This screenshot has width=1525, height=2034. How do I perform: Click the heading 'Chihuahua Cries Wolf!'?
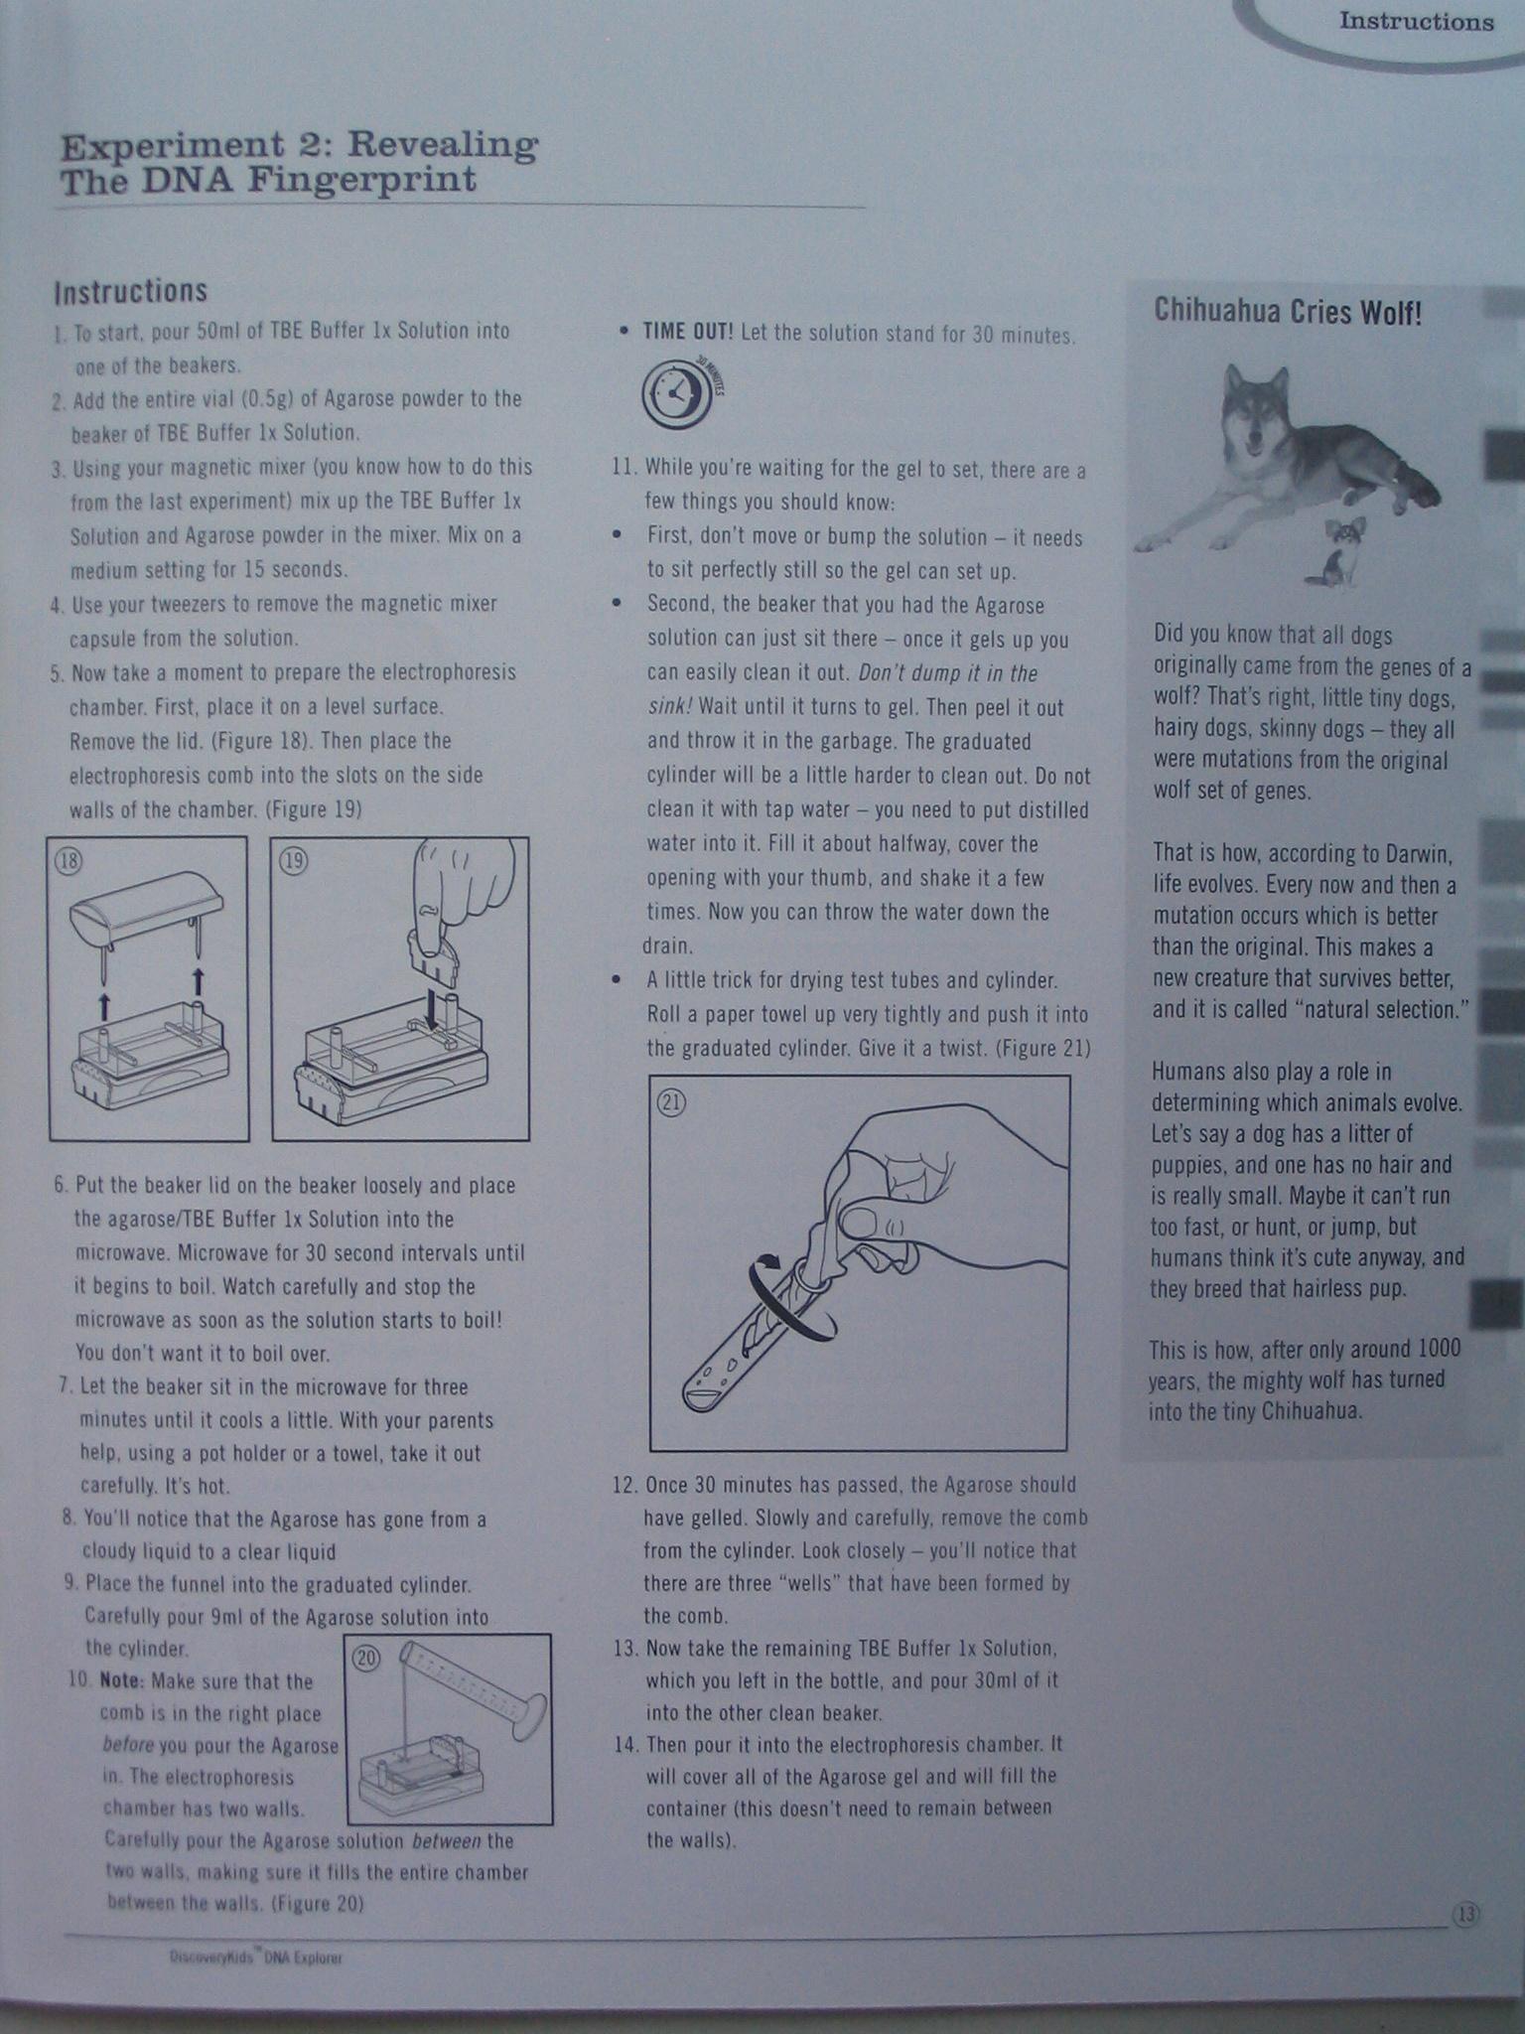click(1288, 312)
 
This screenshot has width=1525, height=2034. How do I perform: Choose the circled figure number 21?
click(673, 1101)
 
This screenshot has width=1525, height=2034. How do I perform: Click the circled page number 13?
click(1466, 1914)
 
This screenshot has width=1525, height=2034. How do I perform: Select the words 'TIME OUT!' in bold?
click(687, 332)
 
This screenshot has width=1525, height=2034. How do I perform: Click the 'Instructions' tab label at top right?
click(1416, 22)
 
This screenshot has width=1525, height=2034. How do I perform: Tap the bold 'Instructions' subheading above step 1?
click(130, 291)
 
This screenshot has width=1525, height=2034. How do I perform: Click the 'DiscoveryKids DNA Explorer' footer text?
click(256, 1959)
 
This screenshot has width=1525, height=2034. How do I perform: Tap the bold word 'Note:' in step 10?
click(122, 1681)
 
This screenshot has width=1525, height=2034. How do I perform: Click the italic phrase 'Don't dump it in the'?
click(947, 673)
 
